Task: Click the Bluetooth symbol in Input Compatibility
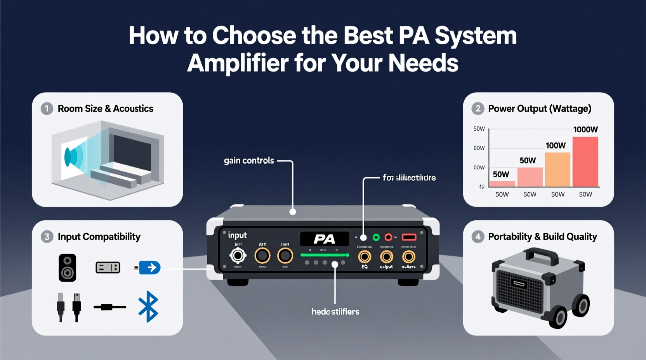tap(148, 306)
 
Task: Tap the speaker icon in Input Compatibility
tap(67, 268)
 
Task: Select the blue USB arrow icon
tap(149, 268)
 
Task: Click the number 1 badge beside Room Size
tap(47, 109)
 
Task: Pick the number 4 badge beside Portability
tap(478, 237)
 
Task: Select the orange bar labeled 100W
tap(557, 170)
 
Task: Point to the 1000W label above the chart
tap(585, 130)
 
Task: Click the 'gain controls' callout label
tap(249, 161)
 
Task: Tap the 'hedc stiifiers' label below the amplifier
tap(335, 312)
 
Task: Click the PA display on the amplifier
tap(324, 239)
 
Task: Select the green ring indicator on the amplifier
tap(376, 237)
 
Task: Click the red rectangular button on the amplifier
tap(409, 237)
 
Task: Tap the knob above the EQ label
tap(364, 256)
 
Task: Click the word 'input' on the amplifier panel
tap(237, 235)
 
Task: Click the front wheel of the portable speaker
tap(559, 318)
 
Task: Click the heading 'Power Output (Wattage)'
tap(540, 109)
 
